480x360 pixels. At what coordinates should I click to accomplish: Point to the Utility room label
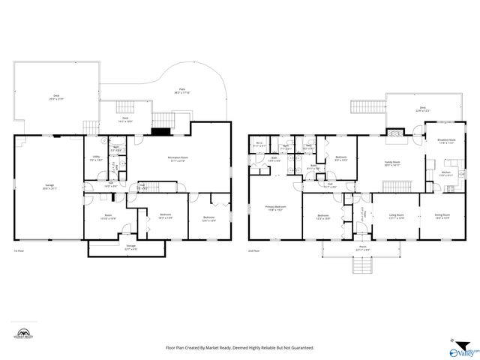click(x=96, y=158)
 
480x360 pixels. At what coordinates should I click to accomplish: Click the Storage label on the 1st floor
click(x=130, y=247)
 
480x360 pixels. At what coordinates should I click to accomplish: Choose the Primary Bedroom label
click(x=275, y=208)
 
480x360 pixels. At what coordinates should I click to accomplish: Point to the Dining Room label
click(x=442, y=217)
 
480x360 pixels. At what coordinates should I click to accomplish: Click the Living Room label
click(x=396, y=217)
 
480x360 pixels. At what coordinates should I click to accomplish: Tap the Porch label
click(x=361, y=247)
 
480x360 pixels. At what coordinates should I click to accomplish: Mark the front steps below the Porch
click(x=361, y=265)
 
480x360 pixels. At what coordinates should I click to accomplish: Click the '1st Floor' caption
click(x=19, y=251)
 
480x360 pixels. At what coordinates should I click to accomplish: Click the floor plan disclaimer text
click(x=239, y=348)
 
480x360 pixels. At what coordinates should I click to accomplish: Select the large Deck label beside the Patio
click(x=55, y=97)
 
